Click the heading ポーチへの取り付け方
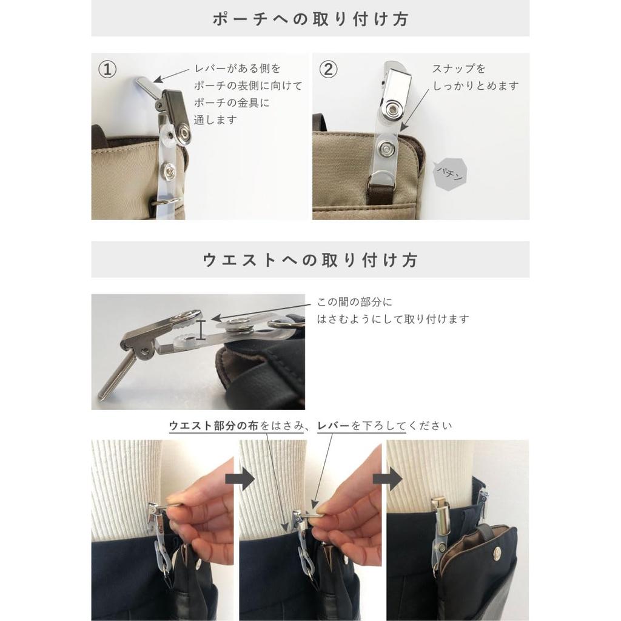tap(310, 19)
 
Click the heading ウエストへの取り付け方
tap(310, 260)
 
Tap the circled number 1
tap(107, 69)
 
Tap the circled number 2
tap(328, 69)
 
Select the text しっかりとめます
tap(475, 86)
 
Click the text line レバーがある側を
tap(237, 69)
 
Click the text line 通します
tap(215, 119)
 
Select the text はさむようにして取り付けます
tap(393, 319)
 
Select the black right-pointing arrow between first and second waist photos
tap(240, 478)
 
